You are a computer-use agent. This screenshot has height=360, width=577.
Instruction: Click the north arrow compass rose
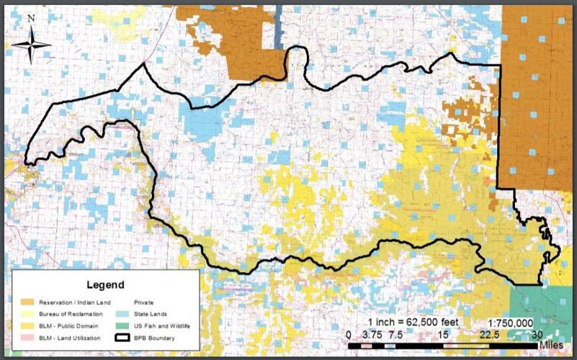click(x=31, y=45)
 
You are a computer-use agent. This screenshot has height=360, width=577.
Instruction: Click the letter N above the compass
click(x=31, y=20)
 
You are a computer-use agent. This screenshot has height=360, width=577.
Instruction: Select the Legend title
click(x=105, y=285)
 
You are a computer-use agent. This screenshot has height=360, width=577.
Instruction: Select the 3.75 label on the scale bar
click(x=372, y=334)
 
